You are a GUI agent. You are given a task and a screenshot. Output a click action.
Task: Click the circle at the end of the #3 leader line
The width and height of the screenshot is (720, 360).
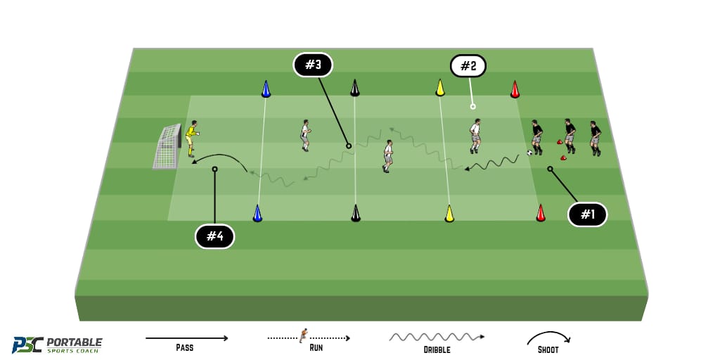click(349, 146)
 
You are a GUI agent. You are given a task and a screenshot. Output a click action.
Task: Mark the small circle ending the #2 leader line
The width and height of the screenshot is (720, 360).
click(472, 107)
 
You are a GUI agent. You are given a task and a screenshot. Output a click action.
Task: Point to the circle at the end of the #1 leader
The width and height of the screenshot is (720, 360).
click(550, 169)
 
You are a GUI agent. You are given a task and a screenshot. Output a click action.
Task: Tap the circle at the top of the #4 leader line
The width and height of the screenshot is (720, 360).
click(214, 169)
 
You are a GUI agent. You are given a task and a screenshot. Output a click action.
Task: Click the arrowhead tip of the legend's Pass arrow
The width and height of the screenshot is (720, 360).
click(228, 338)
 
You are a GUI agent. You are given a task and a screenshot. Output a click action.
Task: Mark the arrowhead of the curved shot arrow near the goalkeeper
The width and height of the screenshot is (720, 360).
click(193, 162)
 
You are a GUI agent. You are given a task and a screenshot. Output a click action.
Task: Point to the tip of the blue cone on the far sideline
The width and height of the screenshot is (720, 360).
click(265, 82)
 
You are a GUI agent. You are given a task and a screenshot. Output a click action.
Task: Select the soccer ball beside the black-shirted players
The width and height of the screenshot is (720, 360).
click(530, 153)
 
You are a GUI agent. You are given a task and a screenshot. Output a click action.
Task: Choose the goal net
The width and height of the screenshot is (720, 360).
click(167, 147)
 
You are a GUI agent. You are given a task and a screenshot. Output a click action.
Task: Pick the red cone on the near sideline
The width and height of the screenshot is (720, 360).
click(541, 213)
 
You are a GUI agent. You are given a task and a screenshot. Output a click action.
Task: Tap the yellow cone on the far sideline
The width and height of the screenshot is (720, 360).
click(440, 88)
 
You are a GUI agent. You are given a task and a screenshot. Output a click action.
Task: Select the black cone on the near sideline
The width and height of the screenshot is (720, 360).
click(356, 214)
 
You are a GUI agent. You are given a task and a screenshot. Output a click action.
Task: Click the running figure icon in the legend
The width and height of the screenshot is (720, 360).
click(302, 335)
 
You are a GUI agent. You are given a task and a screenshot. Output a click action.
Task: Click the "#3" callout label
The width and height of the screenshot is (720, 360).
click(313, 65)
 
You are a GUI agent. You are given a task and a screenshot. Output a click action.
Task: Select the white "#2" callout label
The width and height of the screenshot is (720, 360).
click(468, 67)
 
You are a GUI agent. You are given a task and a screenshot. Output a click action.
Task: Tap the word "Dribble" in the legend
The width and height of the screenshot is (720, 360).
click(436, 350)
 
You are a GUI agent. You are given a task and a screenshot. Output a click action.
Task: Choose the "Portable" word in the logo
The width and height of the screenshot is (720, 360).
click(75, 342)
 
